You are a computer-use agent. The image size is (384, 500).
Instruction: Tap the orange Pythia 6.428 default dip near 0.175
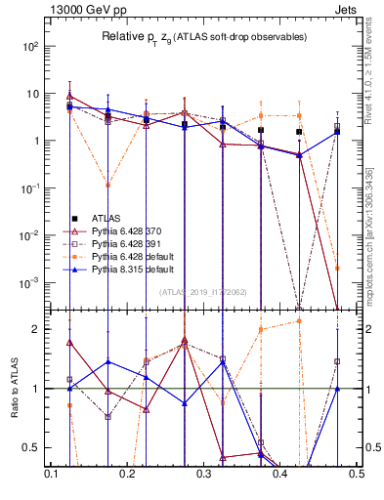pos(107,184)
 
